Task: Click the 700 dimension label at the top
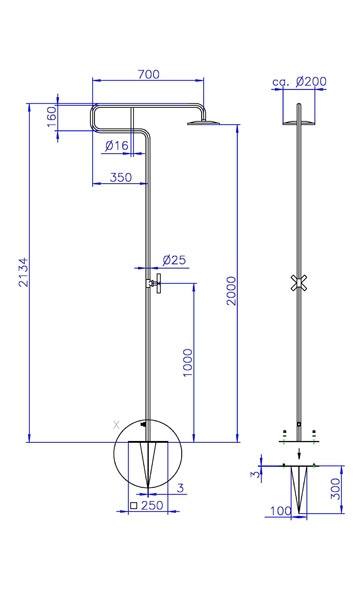point(148,74)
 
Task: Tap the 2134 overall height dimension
point(24,272)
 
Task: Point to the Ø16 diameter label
point(116,145)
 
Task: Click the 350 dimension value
point(121,178)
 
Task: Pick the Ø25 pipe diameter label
point(174,260)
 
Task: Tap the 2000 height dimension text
point(231,291)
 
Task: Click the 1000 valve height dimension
point(187,363)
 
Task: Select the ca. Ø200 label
point(300,82)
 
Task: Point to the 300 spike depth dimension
point(335,488)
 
